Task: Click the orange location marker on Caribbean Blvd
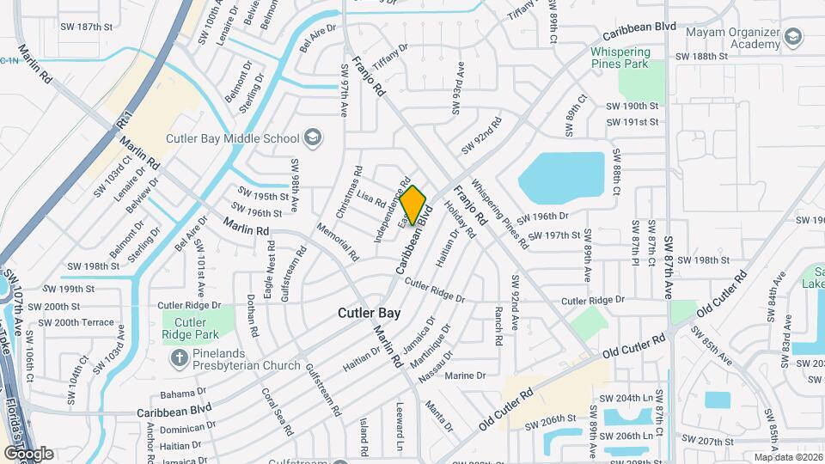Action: coord(413,205)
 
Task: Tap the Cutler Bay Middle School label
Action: coord(248,138)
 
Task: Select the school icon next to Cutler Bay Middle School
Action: coord(314,137)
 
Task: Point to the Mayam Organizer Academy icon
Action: coord(794,37)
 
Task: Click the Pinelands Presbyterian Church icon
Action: coord(180,357)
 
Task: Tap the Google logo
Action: coord(28,453)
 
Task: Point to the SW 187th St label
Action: coord(88,27)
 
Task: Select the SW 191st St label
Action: coord(632,122)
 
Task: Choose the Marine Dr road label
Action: coord(466,375)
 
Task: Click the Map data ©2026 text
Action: coord(787,457)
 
